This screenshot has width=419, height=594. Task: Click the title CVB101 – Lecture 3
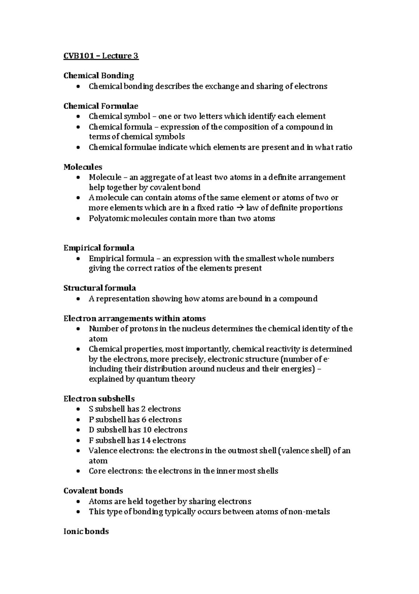click(x=101, y=56)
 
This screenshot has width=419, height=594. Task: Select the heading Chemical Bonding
click(x=98, y=76)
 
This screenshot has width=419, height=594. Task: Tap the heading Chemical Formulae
click(x=101, y=106)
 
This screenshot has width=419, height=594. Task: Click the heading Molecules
click(x=83, y=167)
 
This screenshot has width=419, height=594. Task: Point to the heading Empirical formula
click(x=99, y=248)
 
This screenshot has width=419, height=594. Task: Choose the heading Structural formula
click(x=100, y=288)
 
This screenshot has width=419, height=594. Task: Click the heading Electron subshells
click(x=99, y=399)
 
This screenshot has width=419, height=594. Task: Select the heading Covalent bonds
click(x=93, y=490)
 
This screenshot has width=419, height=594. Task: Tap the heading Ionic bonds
click(x=86, y=531)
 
